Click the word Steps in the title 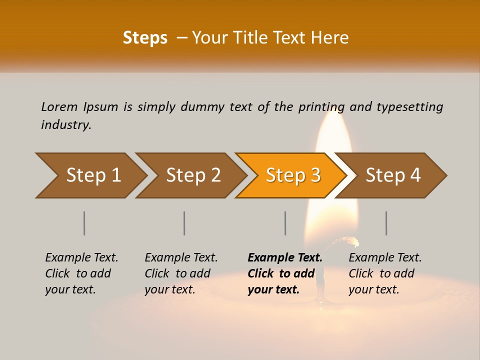click(145, 38)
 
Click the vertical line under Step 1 click(84, 223)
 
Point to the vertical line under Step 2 click(184, 223)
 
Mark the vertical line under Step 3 click(285, 223)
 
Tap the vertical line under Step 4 click(386, 223)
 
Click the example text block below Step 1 click(81, 273)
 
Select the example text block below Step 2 click(181, 273)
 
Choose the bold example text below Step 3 click(284, 273)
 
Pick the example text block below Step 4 click(385, 273)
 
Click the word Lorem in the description click(59, 107)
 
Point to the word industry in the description click(65, 125)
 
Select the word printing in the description click(321, 107)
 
